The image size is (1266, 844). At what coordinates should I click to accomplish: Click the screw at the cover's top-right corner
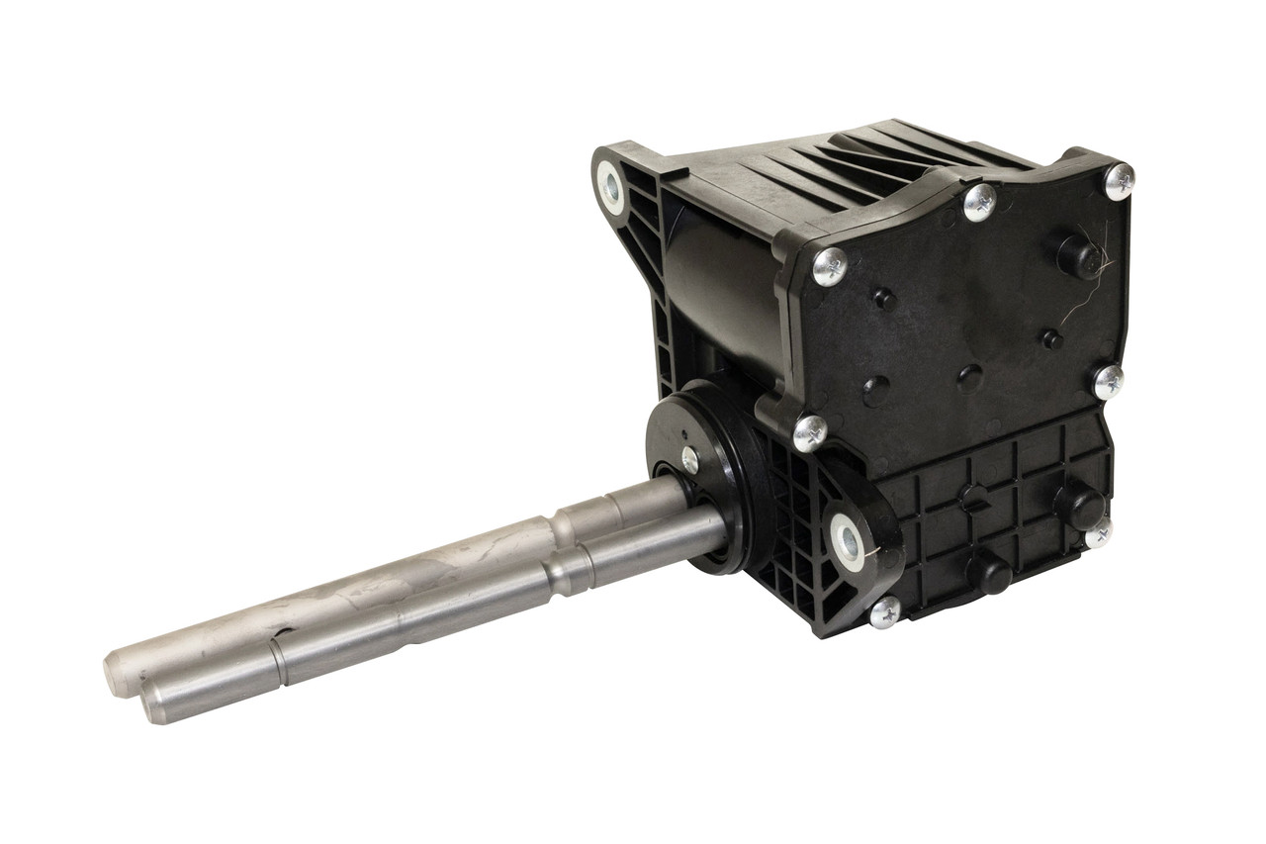coord(1119,181)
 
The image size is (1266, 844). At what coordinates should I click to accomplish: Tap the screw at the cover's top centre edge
coord(979,202)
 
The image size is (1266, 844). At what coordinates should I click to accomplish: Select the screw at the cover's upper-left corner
coord(829,266)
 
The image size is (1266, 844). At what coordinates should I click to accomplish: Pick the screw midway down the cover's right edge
coord(1108,381)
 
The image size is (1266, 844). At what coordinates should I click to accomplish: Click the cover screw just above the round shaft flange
coord(810,432)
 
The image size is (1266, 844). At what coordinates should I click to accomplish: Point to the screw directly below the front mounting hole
coord(885,611)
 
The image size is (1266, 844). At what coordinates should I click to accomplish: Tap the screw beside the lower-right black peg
coord(1098,534)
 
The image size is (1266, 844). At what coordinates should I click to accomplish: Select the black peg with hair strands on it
coord(1078,256)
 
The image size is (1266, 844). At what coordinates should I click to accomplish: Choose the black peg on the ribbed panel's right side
coord(1080,506)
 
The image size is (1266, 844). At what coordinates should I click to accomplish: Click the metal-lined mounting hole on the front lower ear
coord(849,541)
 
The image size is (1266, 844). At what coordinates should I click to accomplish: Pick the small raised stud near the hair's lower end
coord(1051,340)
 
